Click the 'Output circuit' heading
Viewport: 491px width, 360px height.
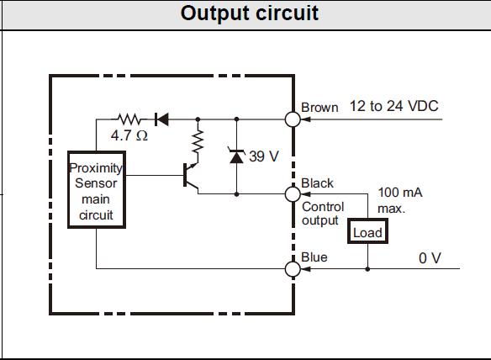click(250, 13)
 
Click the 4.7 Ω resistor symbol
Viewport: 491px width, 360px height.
click(129, 119)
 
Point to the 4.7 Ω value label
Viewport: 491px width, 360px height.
click(129, 135)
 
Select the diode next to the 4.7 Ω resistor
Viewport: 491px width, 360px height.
click(162, 119)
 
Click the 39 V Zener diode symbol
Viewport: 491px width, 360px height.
click(237, 155)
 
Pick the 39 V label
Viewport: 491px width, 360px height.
click(264, 156)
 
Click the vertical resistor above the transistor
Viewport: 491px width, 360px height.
click(198, 141)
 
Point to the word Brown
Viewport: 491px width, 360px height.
click(319, 108)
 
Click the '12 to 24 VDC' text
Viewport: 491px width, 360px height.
click(394, 106)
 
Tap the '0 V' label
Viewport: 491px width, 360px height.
click(430, 258)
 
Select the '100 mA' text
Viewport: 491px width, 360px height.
click(400, 193)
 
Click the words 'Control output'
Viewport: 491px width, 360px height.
click(323, 214)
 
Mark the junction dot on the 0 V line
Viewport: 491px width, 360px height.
click(367, 269)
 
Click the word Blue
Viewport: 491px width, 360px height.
click(314, 257)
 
